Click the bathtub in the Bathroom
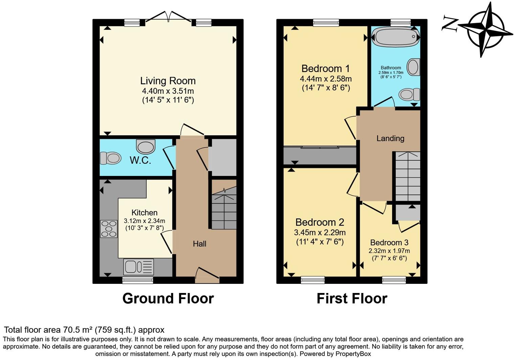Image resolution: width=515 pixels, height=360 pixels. [x=396, y=37]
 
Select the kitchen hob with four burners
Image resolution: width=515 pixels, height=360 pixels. [x=109, y=229]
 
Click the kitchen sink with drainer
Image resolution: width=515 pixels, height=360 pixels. [x=138, y=267]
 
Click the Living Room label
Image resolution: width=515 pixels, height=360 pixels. [x=168, y=81]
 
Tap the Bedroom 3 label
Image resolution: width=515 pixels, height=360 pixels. [x=389, y=243]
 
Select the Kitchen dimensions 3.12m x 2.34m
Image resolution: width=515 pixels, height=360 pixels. [x=144, y=221]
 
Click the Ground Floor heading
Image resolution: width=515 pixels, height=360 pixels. [x=168, y=298]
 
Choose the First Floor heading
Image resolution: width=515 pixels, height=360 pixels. [x=352, y=298]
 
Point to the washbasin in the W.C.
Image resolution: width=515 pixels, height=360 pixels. [x=146, y=147]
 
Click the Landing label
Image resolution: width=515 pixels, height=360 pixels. [x=390, y=138]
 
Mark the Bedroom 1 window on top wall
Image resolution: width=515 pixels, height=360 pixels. [x=326, y=23]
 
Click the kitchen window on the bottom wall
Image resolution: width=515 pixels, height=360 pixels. [x=137, y=280]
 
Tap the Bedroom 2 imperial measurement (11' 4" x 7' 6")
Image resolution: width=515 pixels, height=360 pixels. [x=320, y=242]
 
